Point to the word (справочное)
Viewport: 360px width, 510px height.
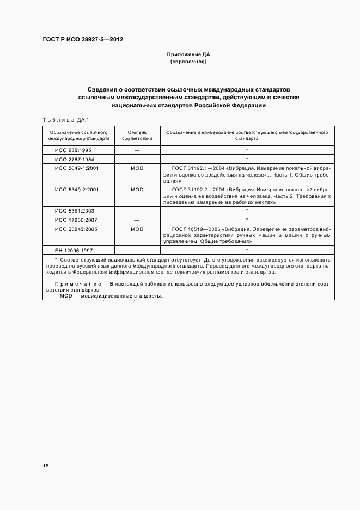(188, 62)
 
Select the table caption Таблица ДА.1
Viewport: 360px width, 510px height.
(61, 119)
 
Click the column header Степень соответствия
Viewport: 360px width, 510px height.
(137, 135)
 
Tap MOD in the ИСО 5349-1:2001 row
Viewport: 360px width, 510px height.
(137, 168)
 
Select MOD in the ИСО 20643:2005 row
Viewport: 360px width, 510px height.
(137, 229)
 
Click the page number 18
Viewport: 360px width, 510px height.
(46, 465)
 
